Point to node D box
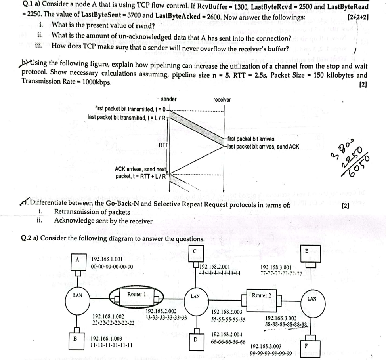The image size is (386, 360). pyautogui.click(x=195, y=340)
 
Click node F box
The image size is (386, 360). pyautogui.click(x=306, y=345)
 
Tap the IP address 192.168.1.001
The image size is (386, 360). pyautogui.click(x=106, y=259)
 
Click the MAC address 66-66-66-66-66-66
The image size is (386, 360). pyautogui.click(x=228, y=342)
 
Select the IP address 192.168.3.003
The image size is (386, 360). pyautogui.click(x=266, y=346)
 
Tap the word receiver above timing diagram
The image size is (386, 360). pyautogui.click(x=222, y=100)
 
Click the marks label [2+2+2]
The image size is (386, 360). pyautogui.click(x=358, y=18)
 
